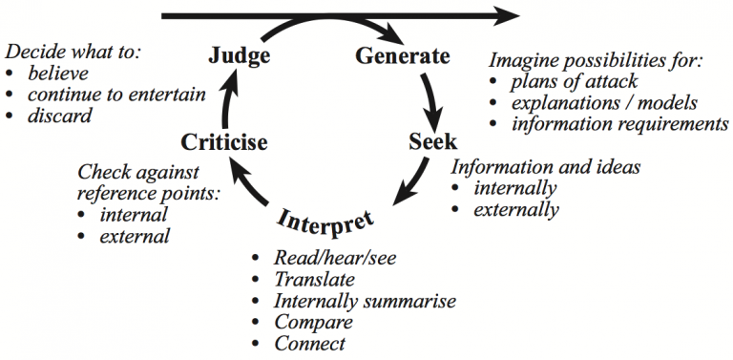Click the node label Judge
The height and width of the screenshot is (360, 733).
(239, 56)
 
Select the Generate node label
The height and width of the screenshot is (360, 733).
(402, 56)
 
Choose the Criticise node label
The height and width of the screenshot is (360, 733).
(223, 142)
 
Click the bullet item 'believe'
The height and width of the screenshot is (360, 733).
(56, 74)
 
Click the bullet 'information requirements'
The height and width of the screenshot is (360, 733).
(619, 124)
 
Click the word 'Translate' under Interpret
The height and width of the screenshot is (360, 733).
(314, 280)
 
